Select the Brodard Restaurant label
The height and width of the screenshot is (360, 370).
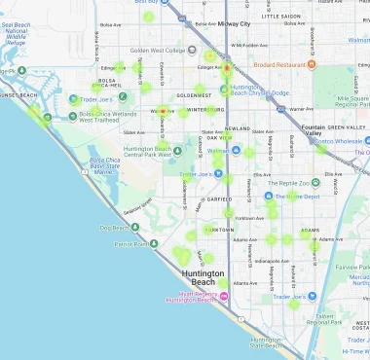(x=289, y=65)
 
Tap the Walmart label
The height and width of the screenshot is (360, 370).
(x=219, y=151)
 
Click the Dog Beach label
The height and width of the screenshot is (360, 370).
(x=113, y=228)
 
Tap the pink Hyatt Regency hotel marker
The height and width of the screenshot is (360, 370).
(x=223, y=296)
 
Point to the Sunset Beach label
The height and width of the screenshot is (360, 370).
(x=19, y=95)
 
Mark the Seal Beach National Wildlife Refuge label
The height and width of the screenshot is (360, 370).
(x=25, y=37)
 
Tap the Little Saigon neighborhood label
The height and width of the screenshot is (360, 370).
(x=281, y=17)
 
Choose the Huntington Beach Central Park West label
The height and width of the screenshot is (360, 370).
(x=148, y=151)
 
